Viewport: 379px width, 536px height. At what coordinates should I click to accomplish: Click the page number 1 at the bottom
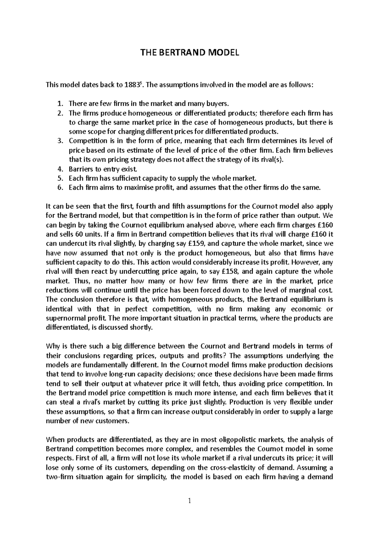(189, 501)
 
